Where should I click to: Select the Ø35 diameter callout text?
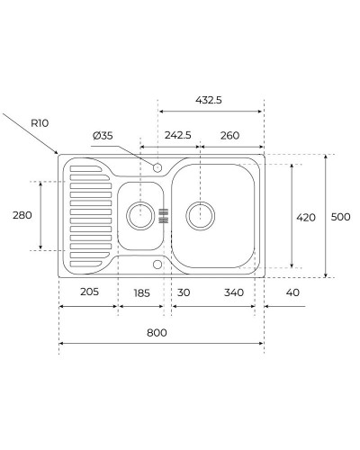pos(103,135)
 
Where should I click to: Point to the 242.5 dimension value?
pos(177,135)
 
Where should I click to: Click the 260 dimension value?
pos(229,135)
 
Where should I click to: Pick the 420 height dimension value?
pos(307,217)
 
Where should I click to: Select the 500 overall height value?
pos(340,217)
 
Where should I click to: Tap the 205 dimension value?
pos(88,293)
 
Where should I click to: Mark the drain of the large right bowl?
pos(200,214)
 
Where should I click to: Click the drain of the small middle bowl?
pos(140,214)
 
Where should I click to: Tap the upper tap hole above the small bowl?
pos(157,166)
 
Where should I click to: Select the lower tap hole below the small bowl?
pos(157,265)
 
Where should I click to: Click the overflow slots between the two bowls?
pos(164,215)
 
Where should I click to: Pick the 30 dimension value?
pos(184,293)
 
